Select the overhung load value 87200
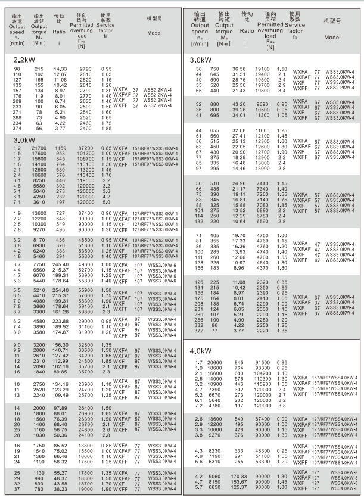[86, 147]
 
